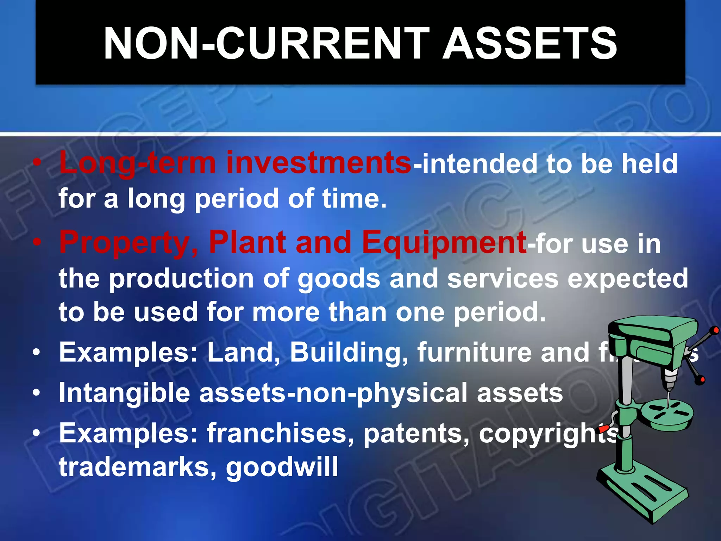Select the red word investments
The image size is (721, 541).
pyautogui.click(x=319, y=163)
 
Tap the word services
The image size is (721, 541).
pyautogui.click(x=503, y=278)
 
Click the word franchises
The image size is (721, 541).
pyautogui.click(x=280, y=433)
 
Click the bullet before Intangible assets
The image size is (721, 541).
pyautogui.click(x=37, y=393)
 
